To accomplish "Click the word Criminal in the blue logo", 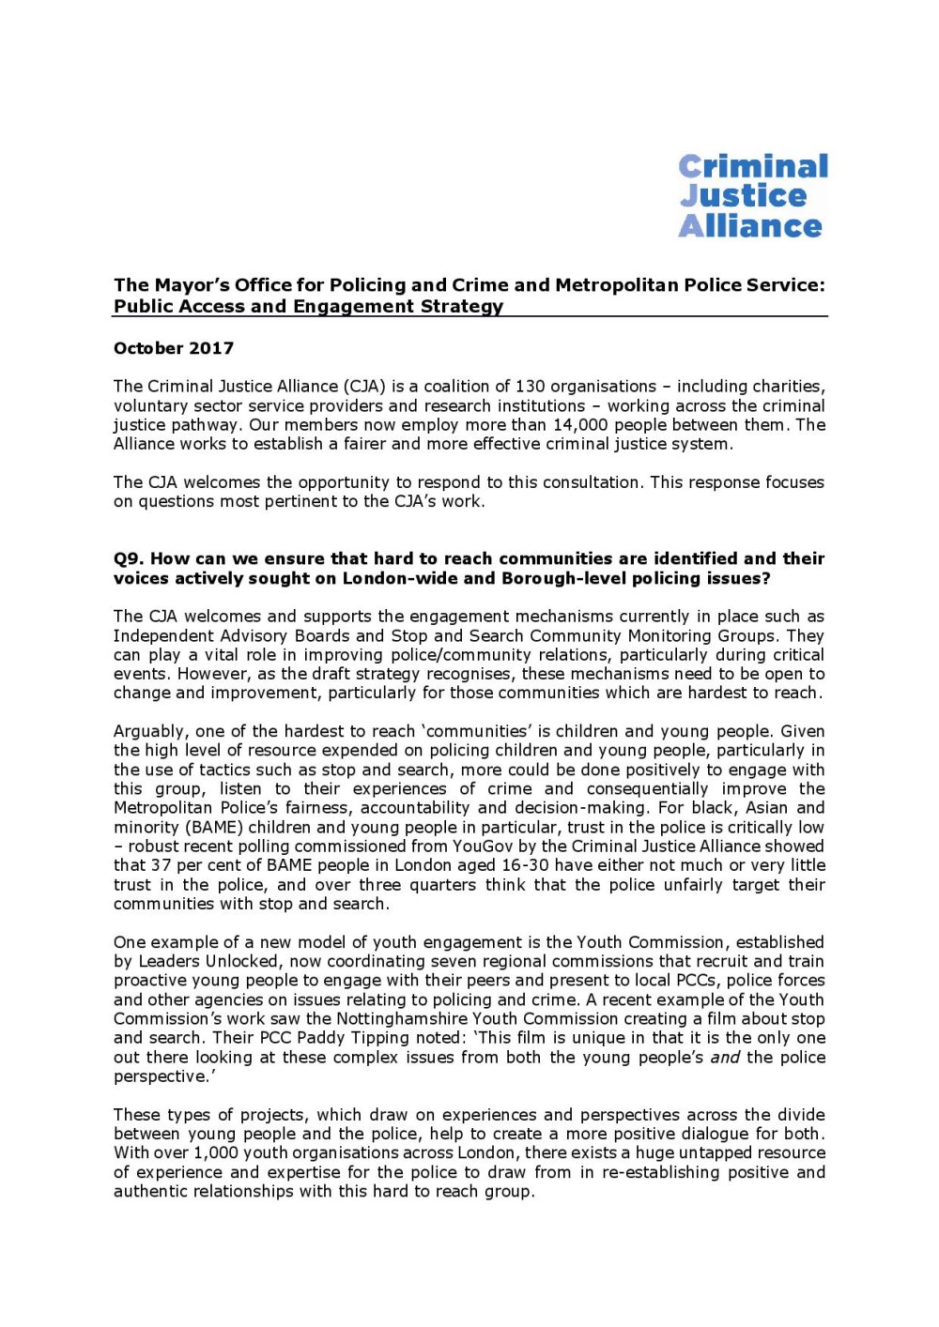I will (753, 167).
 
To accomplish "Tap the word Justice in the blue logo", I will (743, 196).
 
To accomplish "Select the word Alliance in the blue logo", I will (750, 226).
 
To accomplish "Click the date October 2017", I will (174, 348).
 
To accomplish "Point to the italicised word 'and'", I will (725, 1058).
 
